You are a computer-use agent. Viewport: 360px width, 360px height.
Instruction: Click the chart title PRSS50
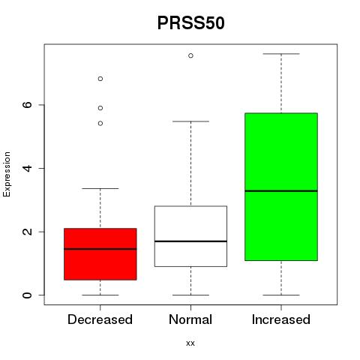coord(191,23)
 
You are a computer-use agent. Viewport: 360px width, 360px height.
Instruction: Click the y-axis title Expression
coord(7,174)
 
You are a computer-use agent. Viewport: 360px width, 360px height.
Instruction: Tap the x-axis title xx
coord(190,343)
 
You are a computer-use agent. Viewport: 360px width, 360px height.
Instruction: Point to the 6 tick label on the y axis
coord(27,105)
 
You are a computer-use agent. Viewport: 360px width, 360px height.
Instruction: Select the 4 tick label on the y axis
coord(27,168)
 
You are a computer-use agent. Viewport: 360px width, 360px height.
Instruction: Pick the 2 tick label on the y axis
coord(27,232)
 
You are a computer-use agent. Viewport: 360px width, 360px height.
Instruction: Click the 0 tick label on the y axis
coord(27,295)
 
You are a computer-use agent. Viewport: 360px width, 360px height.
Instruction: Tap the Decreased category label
coord(100,319)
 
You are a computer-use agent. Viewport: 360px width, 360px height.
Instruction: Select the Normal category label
coord(190,319)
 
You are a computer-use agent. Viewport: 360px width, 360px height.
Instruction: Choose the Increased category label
coord(281,319)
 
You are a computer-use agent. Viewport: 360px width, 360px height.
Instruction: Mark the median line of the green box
coord(281,191)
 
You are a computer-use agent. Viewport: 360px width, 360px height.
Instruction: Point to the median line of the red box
coord(100,249)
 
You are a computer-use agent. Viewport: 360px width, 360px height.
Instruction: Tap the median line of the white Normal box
coord(190,241)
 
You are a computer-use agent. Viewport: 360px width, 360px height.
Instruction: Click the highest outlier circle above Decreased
coord(100,79)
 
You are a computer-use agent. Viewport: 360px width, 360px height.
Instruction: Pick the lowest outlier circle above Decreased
coord(100,123)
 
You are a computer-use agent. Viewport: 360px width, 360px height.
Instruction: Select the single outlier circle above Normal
coord(190,55)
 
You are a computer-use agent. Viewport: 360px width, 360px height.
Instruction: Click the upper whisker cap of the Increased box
coord(281,54)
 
